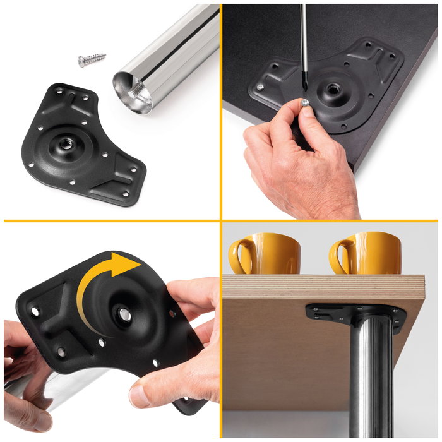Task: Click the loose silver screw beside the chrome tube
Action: click(x=91, y=61)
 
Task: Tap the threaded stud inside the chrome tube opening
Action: click(x=135, y=93)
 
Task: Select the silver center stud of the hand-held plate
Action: click(x=125, y=314)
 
